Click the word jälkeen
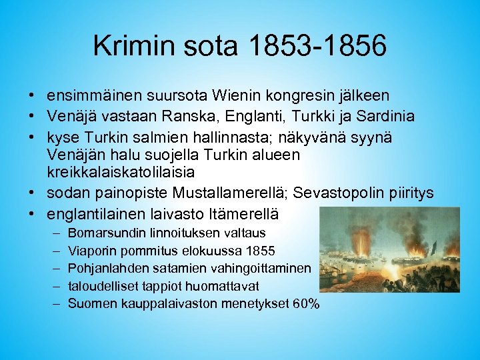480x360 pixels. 366,97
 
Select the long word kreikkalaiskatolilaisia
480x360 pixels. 121,173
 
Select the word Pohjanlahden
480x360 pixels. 105,268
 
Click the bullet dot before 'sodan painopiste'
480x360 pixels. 32,193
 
